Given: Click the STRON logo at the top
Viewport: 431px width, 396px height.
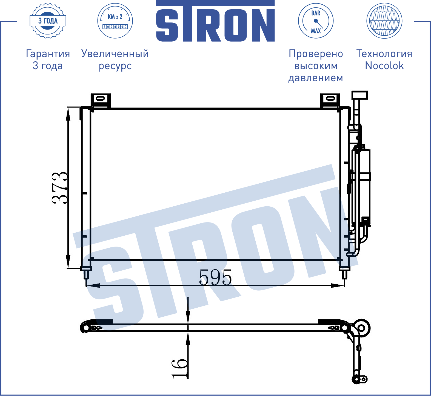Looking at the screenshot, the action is click(215, 21).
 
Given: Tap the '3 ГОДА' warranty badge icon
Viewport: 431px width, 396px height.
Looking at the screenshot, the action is click(48, 21).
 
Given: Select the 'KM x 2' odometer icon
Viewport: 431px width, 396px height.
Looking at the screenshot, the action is click(115, 21).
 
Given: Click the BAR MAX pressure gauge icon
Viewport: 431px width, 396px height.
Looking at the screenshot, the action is click(316, 21).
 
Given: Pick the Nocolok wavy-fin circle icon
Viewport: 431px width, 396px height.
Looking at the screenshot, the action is click(384, 21).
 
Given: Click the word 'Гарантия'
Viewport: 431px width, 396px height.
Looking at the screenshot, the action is click(48, 54).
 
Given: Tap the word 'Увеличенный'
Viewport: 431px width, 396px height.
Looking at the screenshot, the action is click(115, 54).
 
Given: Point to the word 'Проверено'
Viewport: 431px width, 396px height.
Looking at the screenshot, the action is click(316, 54).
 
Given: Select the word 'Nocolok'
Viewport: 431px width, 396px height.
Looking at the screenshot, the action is click(384, 66).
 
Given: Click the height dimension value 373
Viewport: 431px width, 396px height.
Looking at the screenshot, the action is click(59, 188).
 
